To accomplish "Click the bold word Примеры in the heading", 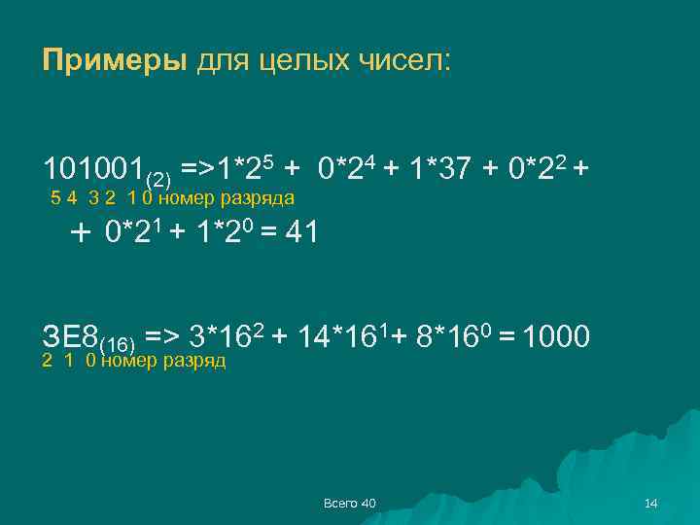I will coord(115,62).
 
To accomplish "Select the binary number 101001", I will coord(92,170).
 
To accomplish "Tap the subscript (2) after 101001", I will coord(157,179).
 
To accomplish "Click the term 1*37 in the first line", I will coord(440,170).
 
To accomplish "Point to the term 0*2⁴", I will coord(347,168).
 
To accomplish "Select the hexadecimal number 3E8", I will coord(71,337).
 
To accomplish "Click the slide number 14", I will coord(651,503).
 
